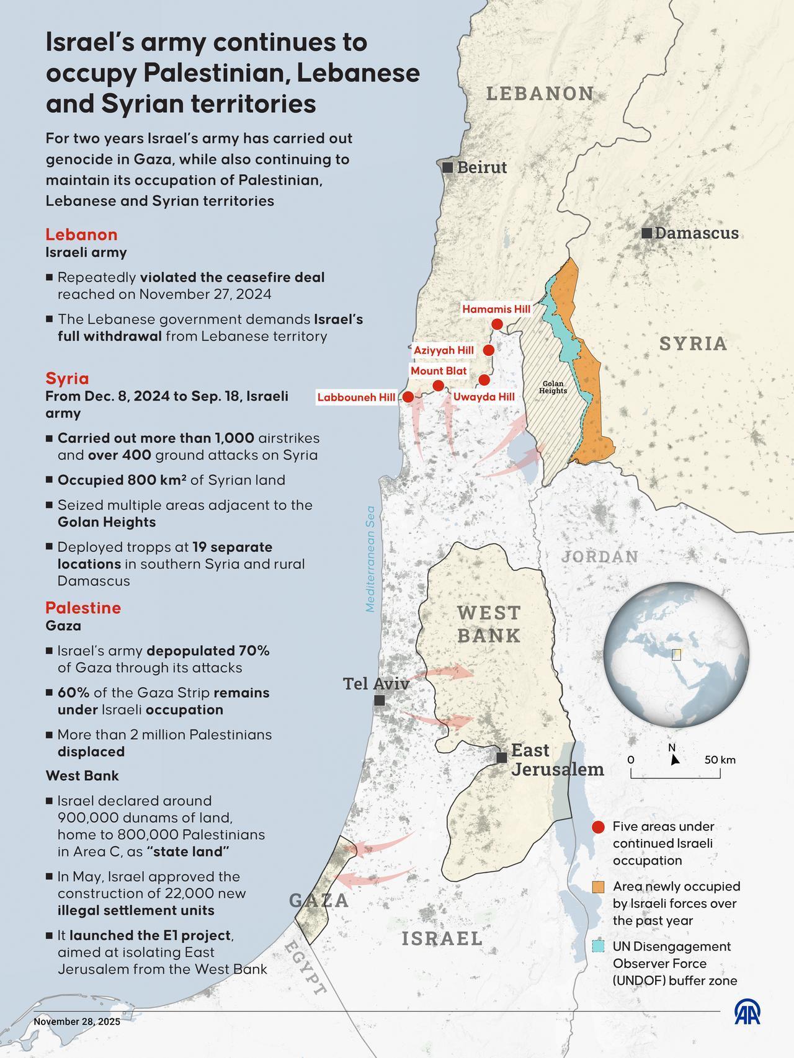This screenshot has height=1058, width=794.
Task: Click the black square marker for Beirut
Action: (447, 167)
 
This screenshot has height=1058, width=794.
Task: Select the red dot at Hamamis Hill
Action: (497, 324)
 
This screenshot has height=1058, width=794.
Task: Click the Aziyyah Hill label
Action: (444, 350)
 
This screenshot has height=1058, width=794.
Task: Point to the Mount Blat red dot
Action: (438, 386)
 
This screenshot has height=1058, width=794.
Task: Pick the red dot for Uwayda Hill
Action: (484, 380)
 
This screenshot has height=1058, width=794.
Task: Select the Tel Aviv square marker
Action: (380, 700)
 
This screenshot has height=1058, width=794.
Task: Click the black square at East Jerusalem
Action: (501, 757)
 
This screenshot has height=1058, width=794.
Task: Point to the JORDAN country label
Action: (600, 556)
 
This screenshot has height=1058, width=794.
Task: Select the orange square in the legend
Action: (598, 887)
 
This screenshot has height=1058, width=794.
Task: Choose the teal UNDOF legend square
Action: (598, 946)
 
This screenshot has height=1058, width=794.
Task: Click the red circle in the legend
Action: (598, 827)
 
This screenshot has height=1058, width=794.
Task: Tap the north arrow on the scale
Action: (674, 758)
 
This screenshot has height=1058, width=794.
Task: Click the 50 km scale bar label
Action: (720, 760)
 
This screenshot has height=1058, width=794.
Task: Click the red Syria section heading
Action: (67, 378)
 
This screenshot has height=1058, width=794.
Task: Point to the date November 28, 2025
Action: (77, 1021)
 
